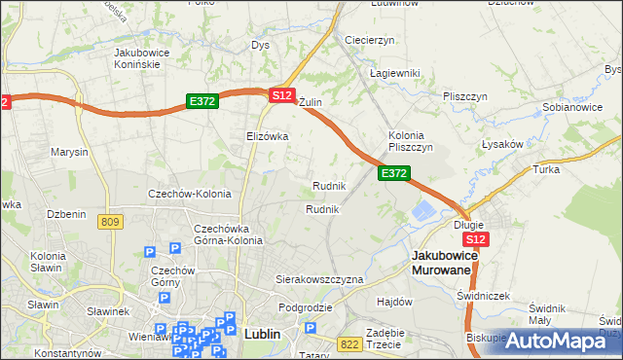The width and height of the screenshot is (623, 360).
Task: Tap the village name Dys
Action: pyautogui.click(x=260, y=45)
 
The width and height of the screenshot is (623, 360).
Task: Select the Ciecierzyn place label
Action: pyautogui.click(x=369, y=40)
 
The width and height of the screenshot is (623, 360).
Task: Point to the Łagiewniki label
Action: pyautogui.click(x=394, y=73)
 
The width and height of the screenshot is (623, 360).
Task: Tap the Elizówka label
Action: pyautogui.click(x=268, y=136)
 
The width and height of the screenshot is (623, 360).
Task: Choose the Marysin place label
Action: pyautogui.click(x=69, y=153)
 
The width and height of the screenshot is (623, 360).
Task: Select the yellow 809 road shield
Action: pyautogui.click(x=110, y=222)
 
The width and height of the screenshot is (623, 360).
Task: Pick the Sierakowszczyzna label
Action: pyautogui.click(x=319, y=278)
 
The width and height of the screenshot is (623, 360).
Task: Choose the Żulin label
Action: pyautogui.click(x=310, y=102)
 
